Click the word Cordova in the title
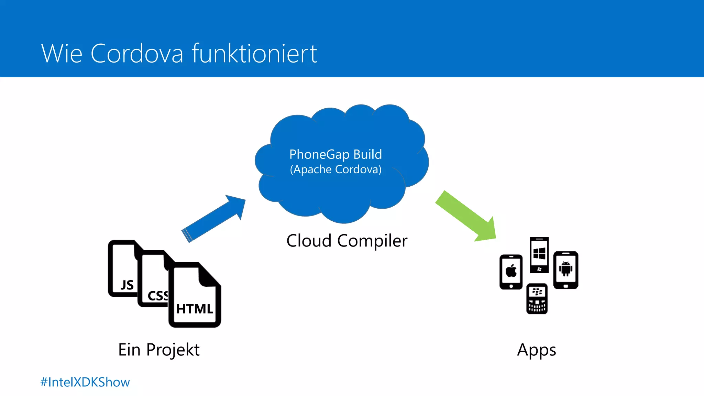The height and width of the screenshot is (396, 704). coord(137,54)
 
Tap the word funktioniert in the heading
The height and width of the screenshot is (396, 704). coord(254,54)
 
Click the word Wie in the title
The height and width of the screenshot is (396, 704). coord(62,54)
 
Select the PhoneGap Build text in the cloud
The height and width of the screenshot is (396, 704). coord(335,154)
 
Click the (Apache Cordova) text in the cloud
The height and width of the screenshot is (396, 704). coord(335,169)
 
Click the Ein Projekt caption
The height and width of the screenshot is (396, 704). coord(159,350)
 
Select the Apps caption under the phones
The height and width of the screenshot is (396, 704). coord(536,350)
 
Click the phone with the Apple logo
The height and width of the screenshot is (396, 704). coord(511,272)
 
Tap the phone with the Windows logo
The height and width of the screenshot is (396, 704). coord(539,255)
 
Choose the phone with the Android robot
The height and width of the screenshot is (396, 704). coord(565,270)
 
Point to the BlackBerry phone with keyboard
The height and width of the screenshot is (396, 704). coord(537,299)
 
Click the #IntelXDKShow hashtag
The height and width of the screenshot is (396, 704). coord(85,382)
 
